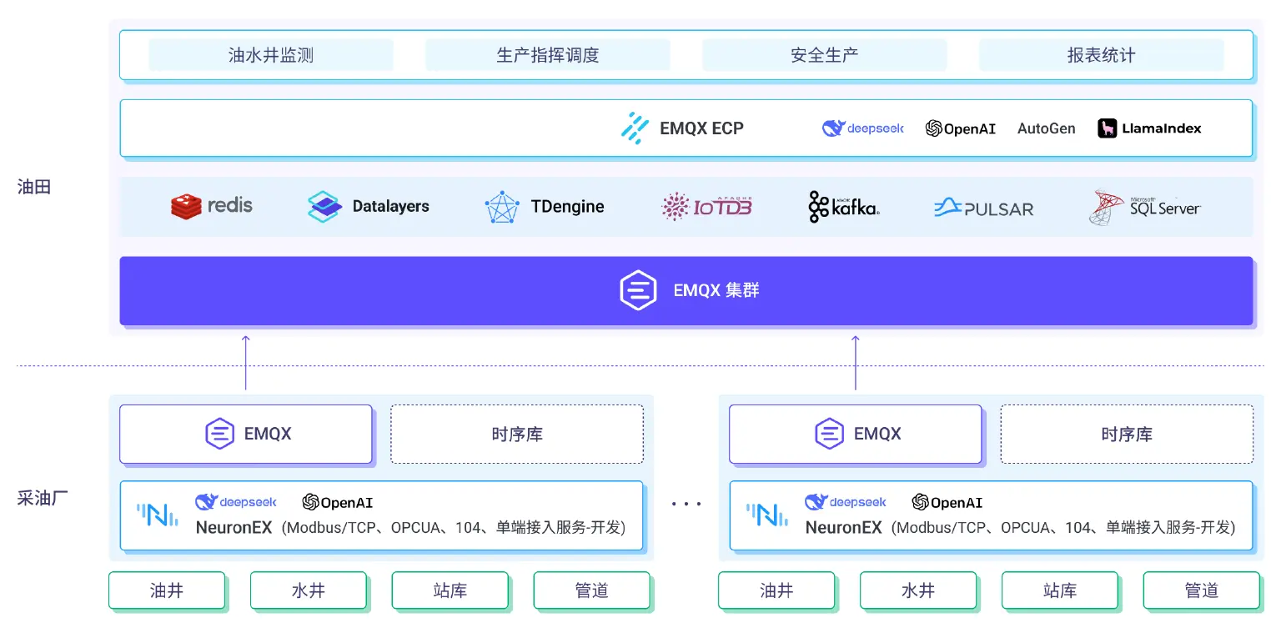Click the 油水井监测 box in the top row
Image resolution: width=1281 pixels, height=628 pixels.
(x=271, y=55)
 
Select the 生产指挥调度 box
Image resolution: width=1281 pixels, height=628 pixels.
(x=548, y=55)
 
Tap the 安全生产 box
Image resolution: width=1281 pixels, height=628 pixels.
(x=825, y=55)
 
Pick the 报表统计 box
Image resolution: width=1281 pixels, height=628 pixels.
(x=1102, y=55)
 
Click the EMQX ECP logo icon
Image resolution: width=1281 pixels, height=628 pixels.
(x=635, y=128)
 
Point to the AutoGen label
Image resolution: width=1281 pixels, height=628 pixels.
(x=1046, y=128)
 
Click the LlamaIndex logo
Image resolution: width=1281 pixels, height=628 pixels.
(x=1149, y=128)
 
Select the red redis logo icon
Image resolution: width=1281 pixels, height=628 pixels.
(x=186, y=207)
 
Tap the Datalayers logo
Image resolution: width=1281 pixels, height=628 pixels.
(x=369, y=207)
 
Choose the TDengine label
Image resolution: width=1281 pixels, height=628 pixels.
(x=567, y=207)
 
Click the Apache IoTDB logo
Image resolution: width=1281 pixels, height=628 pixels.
(x=707, y=207)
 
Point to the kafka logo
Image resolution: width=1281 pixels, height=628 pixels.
(x=844, y=207)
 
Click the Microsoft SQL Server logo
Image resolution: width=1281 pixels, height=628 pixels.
(x=1144, y=208)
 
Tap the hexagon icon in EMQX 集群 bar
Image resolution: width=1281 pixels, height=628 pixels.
(x=638, y=290)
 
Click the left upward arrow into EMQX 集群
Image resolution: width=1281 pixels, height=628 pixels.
(x=246, y=363)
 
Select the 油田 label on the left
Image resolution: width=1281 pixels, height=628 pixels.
(x=34, y=187)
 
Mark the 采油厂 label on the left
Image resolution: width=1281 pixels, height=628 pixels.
(x=43, y=498)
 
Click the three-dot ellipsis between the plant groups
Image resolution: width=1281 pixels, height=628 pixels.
(x=686, y=504)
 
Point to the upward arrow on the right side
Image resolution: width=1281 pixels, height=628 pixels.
(x=856, y=363)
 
